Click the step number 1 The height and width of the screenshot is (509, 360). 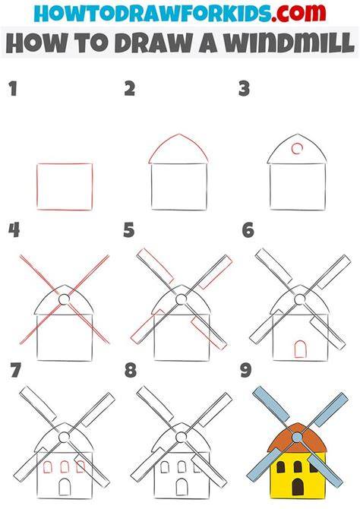pos(13,89)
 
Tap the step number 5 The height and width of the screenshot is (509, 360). pos(129,230)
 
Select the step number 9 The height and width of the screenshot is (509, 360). pos(246,370)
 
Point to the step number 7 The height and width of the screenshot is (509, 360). pos(16,370)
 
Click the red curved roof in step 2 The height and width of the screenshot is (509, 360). pos(178,134)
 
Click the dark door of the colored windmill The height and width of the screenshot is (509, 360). pos(298,487)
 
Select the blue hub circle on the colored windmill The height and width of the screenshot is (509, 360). pos(297,438)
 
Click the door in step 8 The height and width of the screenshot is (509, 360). pos(182,487)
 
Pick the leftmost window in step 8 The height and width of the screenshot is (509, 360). pos(165,467)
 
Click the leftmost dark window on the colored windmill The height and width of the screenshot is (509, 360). pos(281,467)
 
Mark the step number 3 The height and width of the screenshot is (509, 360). pos(244,89)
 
